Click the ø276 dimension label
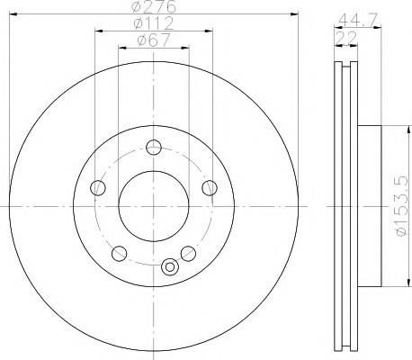pos(154,6)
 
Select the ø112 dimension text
pos(154,23)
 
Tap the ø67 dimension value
pos(154,40)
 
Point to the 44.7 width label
pos(358,20)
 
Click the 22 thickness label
pos(346,38)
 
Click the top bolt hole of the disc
pos(154,148)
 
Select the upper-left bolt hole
pos(98,188)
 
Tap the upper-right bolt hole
pos(210,188)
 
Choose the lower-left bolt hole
pos(119,254)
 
